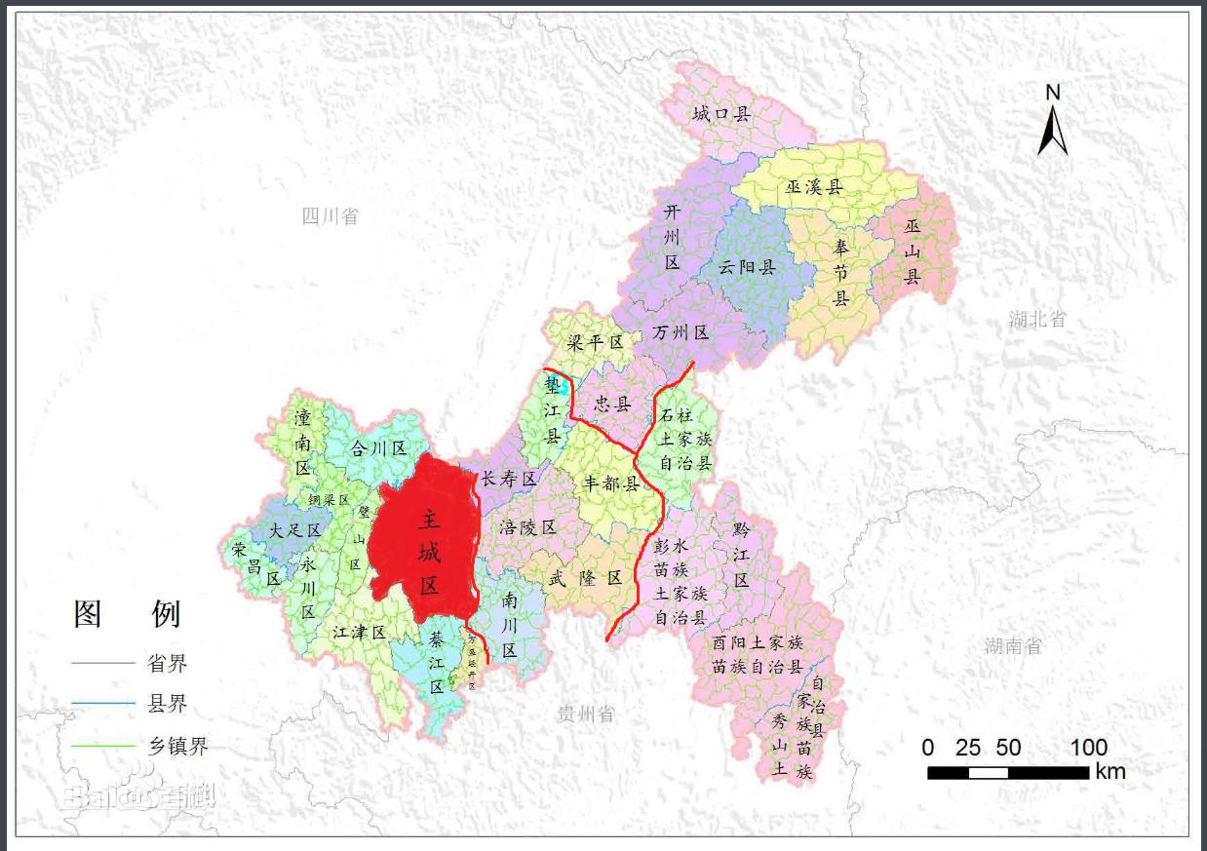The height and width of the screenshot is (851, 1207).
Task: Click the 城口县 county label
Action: pyautogui.click(x=722, y=114)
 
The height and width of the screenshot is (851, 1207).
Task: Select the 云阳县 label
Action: pyautogui.click(x=746, y=267)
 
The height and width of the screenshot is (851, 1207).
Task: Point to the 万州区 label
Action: pyautogui.click(x=681, y=332)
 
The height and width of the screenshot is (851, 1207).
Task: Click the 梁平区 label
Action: pyautogui.click(x=595, y=343)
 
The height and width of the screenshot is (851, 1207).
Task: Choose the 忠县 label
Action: pyautogui.click(x=613, y=403)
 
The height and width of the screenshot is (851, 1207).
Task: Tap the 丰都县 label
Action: pyautogui.click(x=610, y=484)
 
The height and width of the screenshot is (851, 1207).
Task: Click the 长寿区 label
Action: pyautogui.click(x=509, y=479)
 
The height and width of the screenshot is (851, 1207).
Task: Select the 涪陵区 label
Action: pyautogui.click(x=527, y=527)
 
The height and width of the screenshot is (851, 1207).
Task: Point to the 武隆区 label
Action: pyautogui.click(x=585, y=577)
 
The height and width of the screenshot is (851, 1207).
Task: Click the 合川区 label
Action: pyautogui.click(x=378, y=448)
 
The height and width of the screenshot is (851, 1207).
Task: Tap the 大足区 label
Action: pyautogui.click(x=295, y=530)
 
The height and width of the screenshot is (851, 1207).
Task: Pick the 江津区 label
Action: pyautogui.click(x=360, y=632)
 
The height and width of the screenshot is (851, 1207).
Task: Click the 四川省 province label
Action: pyautogui.click(x=330, y=215)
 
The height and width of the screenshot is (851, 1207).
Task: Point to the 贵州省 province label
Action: pyautogui.click(x=586, y=714)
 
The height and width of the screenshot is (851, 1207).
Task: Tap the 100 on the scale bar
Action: pyautogui.click(x=1088, y=748)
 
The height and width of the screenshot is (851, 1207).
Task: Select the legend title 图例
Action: pyautogui.click(x=127, y=613)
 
